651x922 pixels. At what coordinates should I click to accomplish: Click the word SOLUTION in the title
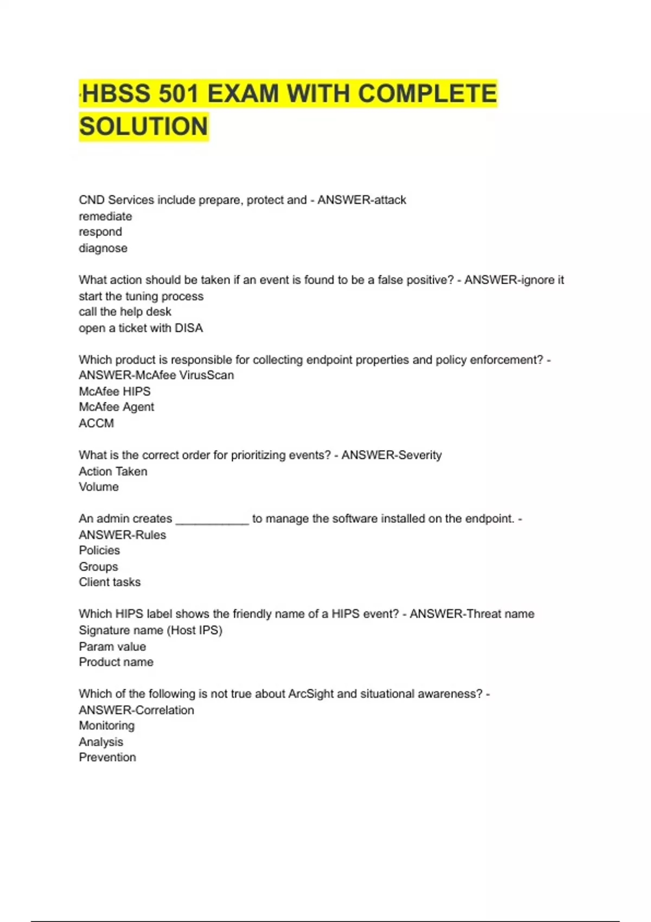pyautogui.click(x=144, y=126)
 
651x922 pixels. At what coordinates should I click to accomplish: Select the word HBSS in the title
pyautogui.click(x=116, y=94)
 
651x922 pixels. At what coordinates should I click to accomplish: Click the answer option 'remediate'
pyautogui.click(x=105, y=216)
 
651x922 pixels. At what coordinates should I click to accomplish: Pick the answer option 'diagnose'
pyautogui.click(x=103, y=248)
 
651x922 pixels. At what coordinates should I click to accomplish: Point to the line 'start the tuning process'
pyautogui.click(x=141, y=296)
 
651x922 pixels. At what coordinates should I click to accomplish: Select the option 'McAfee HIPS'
pyautogui.click(x=114, y=392)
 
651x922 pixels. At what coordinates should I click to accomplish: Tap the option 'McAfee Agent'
pyautogui.click(x=116, y=407)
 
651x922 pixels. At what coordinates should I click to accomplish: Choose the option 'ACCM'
pyautogui.click(x=96, y=424)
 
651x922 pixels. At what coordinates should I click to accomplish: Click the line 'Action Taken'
pyautogui.click(x=113, y=471)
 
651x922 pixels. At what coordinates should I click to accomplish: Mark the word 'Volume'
pyautogui.click(x=99, y=487)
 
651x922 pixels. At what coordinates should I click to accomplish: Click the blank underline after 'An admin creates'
pyautogui.click(x=212, y=521)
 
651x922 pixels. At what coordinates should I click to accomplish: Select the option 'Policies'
pyautogui.click(x=99, y=550)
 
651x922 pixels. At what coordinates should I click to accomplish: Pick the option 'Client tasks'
pyautogui.click(x=110, y=582)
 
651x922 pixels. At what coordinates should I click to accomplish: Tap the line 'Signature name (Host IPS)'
pyautogui.click(x=150, y=630)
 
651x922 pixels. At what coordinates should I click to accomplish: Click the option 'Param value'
pyautogui.click(x=112, y=646)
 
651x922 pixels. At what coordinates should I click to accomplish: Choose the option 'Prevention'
pyautogui.click(x=107, y=758)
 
